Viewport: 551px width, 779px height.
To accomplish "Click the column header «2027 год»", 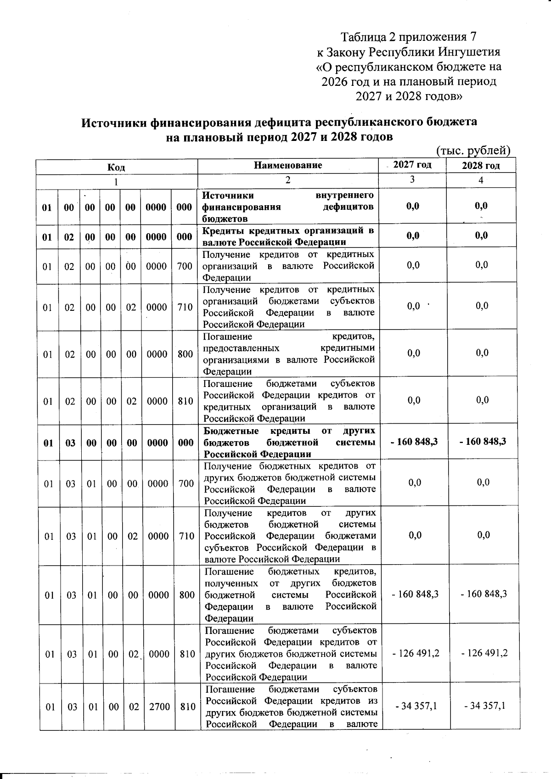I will coord(412,165).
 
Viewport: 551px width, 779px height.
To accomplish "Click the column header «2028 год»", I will coord(481,166).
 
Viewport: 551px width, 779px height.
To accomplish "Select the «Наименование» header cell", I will coord(288,165).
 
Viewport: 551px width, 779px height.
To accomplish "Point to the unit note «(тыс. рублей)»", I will coord(472,151).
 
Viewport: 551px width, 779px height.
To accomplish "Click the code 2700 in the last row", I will coord(159,707).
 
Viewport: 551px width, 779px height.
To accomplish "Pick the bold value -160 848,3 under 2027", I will coord(414,442).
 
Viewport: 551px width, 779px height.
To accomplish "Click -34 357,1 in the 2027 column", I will coord(415,706).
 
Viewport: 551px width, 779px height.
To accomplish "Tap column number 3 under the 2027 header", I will coord(412,179).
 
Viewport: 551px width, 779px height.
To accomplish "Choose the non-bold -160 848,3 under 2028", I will coord(484,594).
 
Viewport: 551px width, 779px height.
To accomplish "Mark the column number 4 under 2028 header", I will coord(481,180).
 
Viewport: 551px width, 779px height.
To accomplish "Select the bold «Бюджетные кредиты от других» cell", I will coord(289,431).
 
